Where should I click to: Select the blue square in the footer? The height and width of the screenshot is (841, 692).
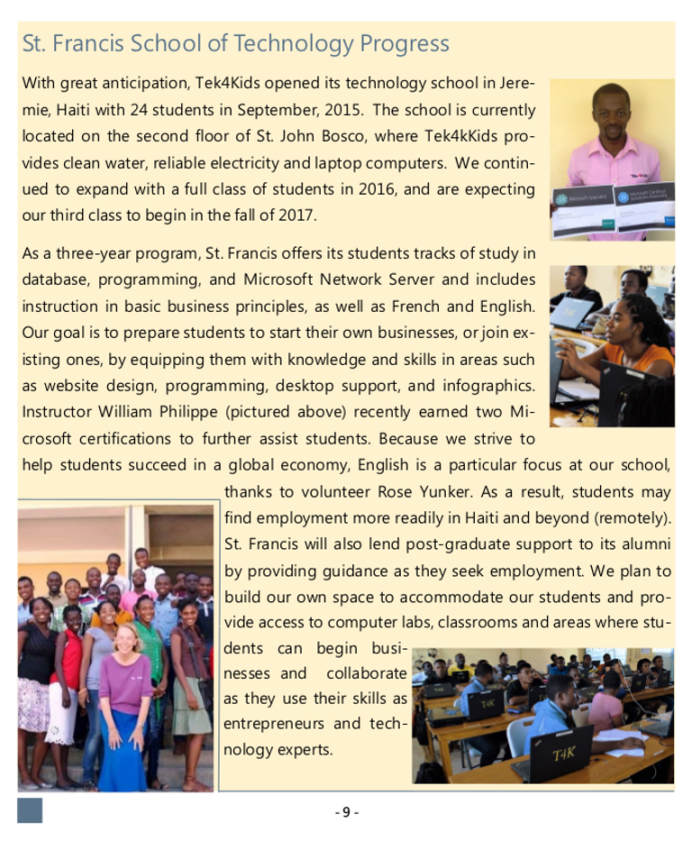tap(30, 809)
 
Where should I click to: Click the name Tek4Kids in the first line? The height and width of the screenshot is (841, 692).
tap(224, 84)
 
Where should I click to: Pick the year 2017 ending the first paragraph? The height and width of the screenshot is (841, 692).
tap(301, 216)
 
